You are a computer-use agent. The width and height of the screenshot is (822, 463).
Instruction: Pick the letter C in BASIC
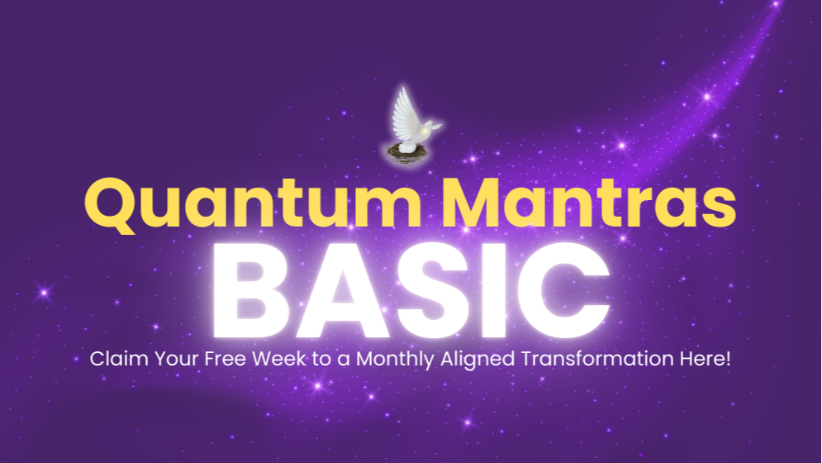coord(569,286)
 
